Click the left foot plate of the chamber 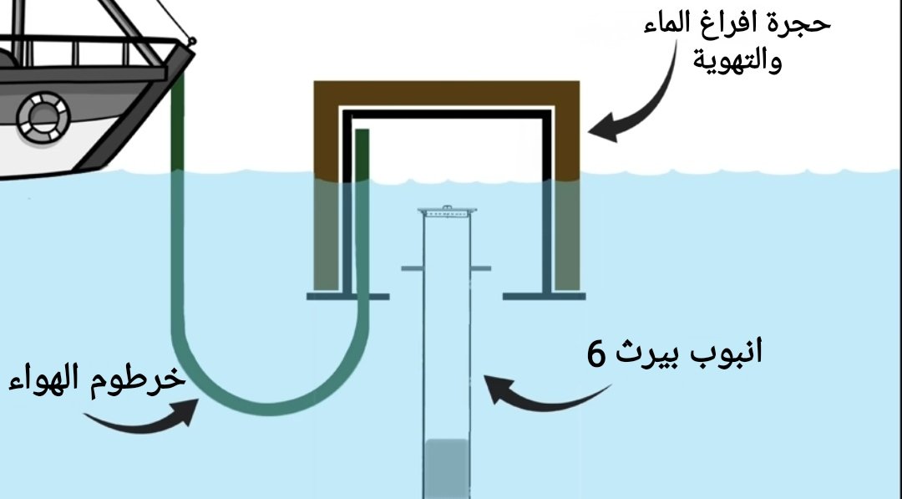[347, 296]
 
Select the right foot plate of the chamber [546, 296]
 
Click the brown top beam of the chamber [446, 91]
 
